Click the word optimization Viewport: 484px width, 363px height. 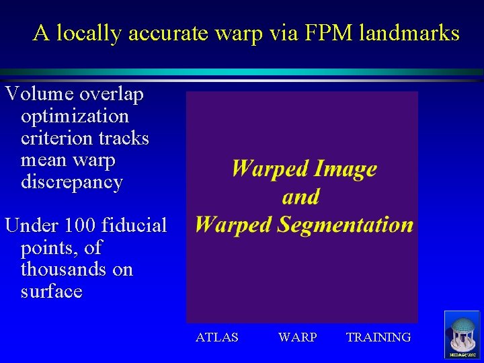(x=75, y=116)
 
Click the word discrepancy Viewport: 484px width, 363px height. (x=72, y=182)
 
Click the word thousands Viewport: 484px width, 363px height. (x=77, y=270)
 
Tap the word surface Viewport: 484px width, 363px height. (x=52, y=292)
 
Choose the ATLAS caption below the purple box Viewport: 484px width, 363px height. (x=216, y=337)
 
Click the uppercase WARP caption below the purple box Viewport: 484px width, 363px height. (x=297, y=337)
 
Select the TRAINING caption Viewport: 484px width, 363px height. (x=378, y=337)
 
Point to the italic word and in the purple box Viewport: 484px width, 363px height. (x=300, y=196)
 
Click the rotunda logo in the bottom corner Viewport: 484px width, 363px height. (x=462, y=335)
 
